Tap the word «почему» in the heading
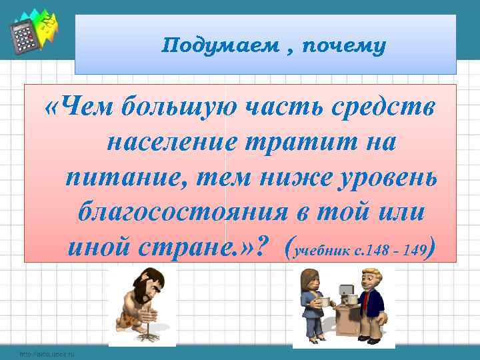(343, 46)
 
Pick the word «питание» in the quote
(114, 178)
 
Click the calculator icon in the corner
(24, 37)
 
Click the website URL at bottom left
(47, 354)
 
